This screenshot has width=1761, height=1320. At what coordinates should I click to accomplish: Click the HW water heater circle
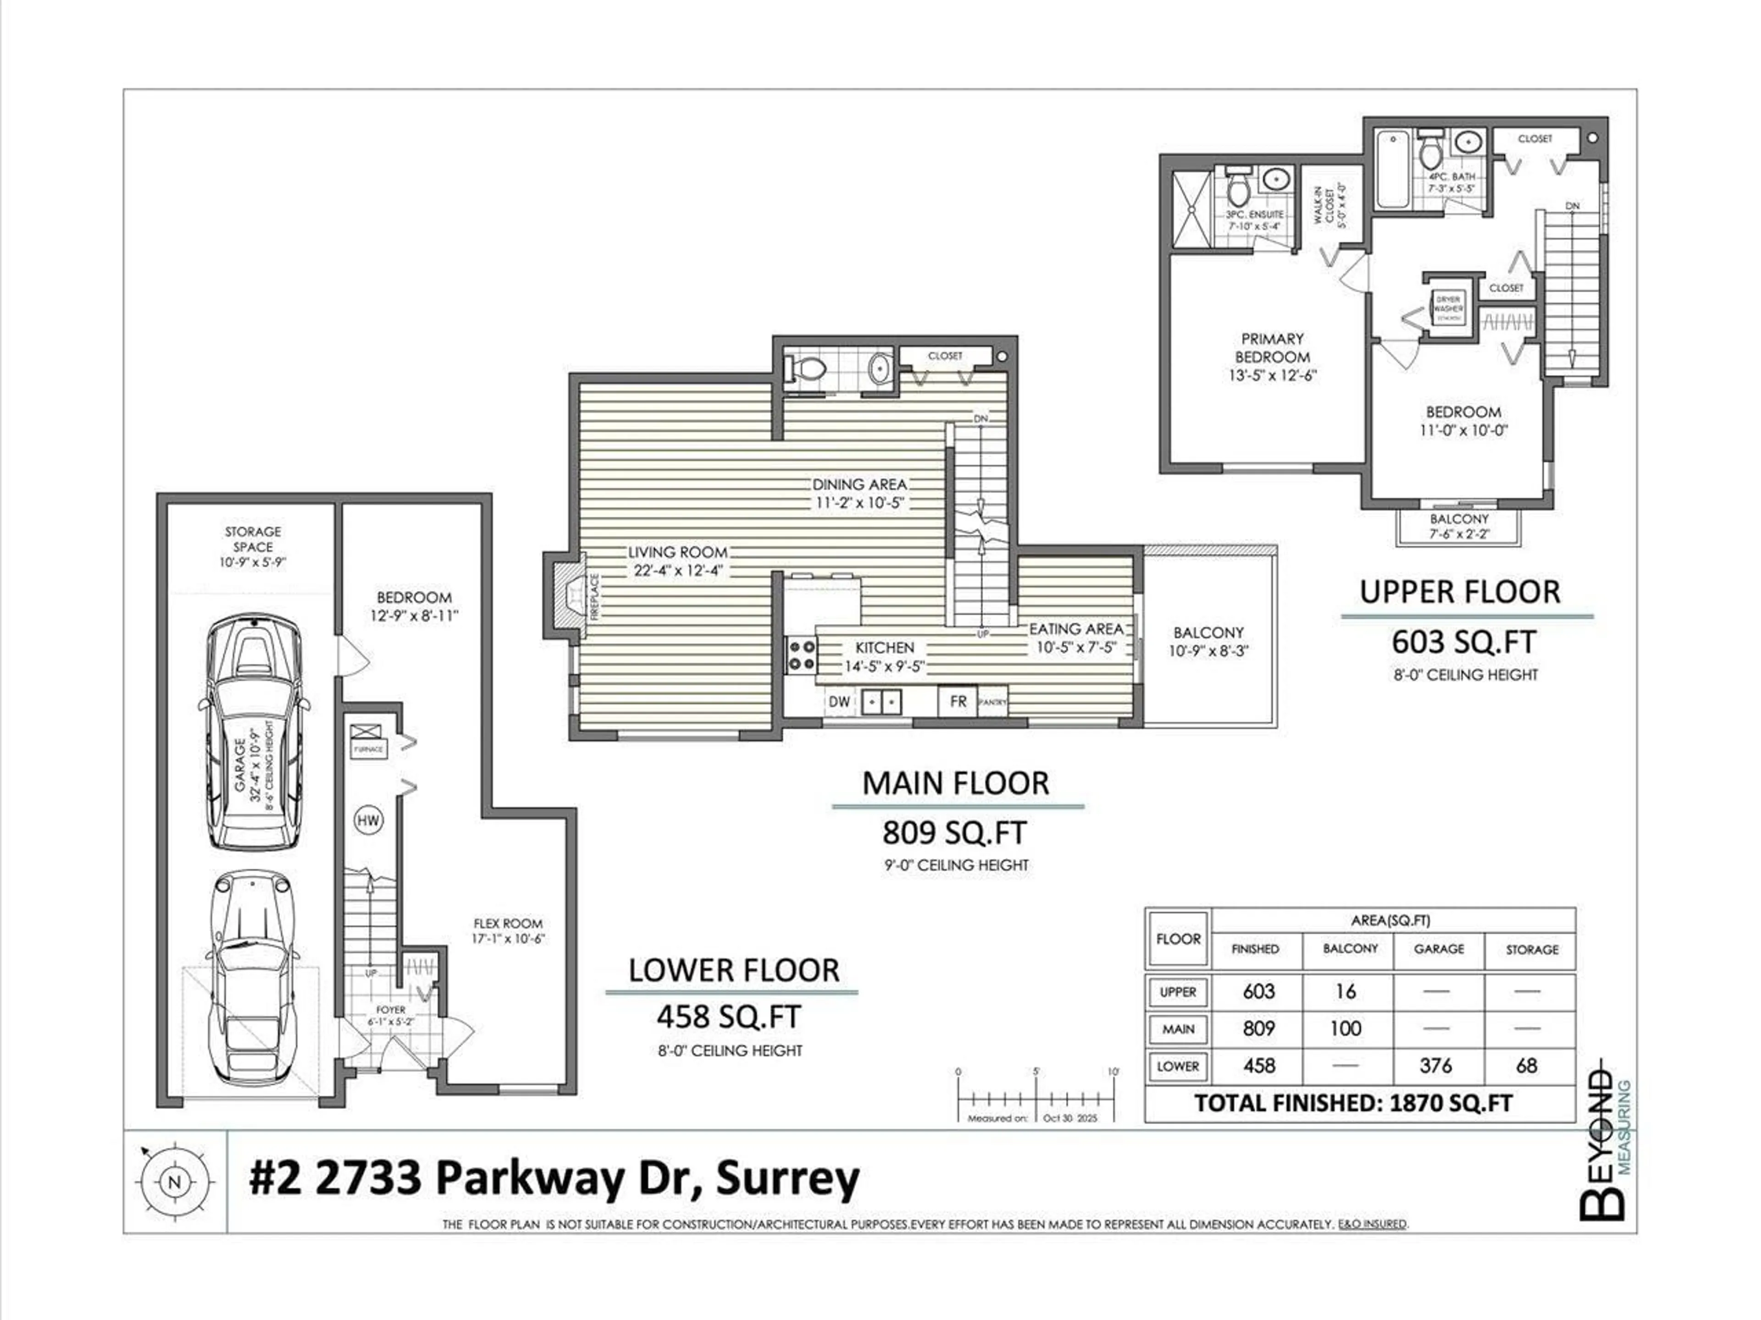[368, 820]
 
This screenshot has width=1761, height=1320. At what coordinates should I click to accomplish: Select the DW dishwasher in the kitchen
[839, 702]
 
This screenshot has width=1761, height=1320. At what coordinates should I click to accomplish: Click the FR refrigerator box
[958, 701]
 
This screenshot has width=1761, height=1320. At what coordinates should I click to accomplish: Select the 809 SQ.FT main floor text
[954, 832]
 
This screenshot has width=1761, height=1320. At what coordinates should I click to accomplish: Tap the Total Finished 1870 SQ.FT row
[1353, 1103]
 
